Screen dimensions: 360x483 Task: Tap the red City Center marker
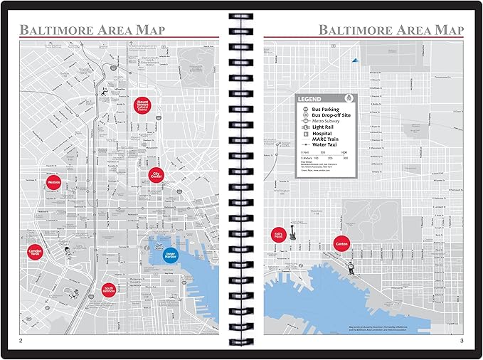tap(156, 174)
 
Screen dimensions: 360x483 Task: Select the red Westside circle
tap(53, 182)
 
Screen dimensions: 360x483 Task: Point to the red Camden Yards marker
tap(36, 251)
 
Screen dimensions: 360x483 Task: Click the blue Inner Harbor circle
tap(171, 255)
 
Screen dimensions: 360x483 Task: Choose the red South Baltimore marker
tap(109, 286)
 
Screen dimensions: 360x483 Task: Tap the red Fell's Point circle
tap(280, 235)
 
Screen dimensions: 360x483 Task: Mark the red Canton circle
tap(341, 244)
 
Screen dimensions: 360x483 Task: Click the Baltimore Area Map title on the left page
tap(92, 30)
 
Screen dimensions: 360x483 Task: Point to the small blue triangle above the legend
tap(352, 63)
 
